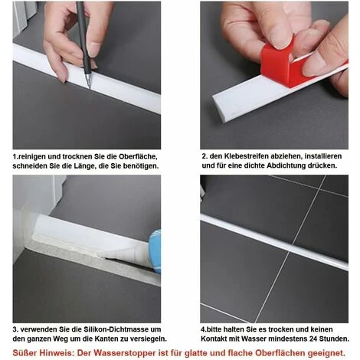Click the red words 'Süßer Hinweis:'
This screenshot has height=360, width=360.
coord(38,352)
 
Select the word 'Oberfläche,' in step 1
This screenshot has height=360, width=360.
coord(138,155)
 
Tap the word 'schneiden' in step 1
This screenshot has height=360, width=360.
coord(33,166)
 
